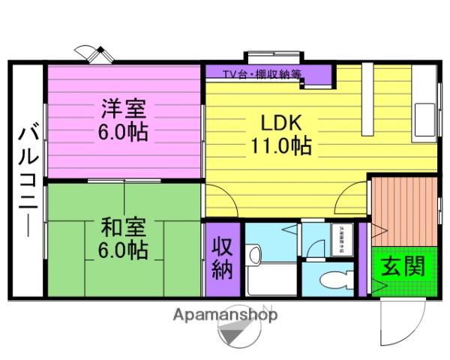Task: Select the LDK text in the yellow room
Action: (x=280, y=121)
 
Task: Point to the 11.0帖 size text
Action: (x=281, y=145)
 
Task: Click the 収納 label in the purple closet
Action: (x=222, y=258)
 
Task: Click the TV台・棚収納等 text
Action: (x=262, y=73)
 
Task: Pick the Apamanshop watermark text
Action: (x=225, y=314)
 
